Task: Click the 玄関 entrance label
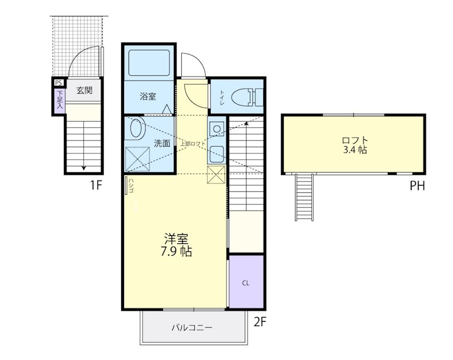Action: click(84, 90)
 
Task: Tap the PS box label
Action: click(58, 83)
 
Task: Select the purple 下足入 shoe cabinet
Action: click(59, 101)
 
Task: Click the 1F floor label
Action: click(95, 185)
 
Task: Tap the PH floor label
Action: click(417, 185)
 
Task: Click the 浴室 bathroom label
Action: click(148, 96)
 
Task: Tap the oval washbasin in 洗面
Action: click(136, 129)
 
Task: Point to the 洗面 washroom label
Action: click(162, 143)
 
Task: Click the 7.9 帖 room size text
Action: click(177, 251)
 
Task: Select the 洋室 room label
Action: click(177, 238)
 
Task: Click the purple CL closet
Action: click(246, 282)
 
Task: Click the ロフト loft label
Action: click(354, 140)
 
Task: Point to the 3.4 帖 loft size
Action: click(354, 151)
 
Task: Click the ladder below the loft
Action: click(304, 196)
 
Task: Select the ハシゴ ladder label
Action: click(130, 186)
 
